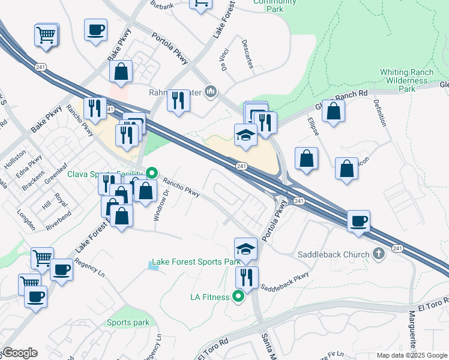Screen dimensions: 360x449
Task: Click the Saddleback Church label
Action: pyautogui.click(x=334, y=254)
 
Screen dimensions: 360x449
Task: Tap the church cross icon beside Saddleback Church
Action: pyautogui.click(x=378, y=254)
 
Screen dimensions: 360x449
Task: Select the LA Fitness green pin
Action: pyautogui.click(x=239, y=296)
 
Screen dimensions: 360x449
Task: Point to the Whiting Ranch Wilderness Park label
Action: pyautogui.click(x=406, y=80)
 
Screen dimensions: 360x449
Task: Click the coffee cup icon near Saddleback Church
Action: pyautogui.click(x=359, y=220)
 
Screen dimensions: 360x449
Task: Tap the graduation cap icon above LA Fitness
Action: pyautogui.click(x=246, y=249)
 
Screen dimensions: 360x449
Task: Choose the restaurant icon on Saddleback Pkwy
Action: pyautogui.click(x=247, y=277)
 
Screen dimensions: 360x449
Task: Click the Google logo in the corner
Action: pyautogui.click(x=20, y=353)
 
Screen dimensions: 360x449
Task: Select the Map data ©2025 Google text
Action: pyautogui.click(x=411, y=355)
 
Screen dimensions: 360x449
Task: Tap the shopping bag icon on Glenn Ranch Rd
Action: pyautogui.click(x=334, y=110)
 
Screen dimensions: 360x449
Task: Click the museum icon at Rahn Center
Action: pyautogui.click(x=211, y=91)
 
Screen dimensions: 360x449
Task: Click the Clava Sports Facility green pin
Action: pyautogui.click(x=152, y=173)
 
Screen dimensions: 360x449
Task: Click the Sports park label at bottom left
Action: pyautogui.click(x=128, y=322)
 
